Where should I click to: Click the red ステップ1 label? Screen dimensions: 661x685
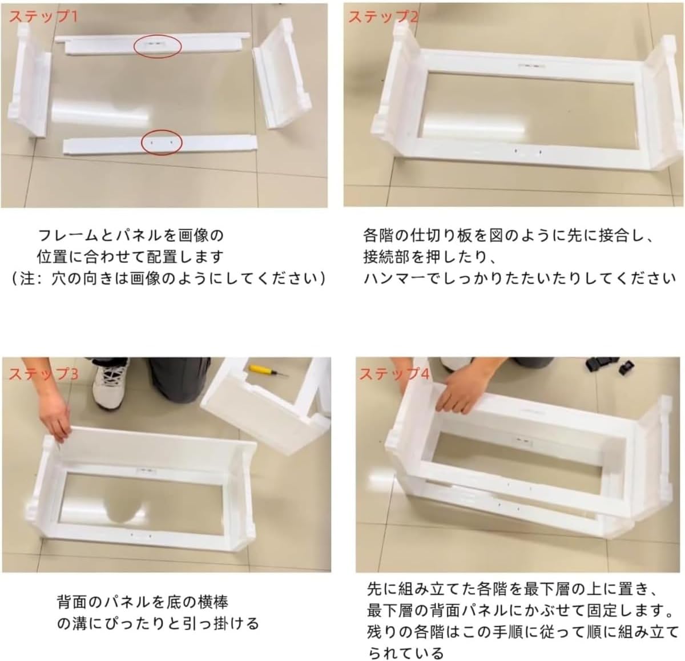43,17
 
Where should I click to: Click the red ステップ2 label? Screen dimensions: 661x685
383,17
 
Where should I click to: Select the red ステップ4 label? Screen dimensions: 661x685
394,374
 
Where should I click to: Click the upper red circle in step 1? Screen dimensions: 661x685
158,46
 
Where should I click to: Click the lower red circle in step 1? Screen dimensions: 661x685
162,142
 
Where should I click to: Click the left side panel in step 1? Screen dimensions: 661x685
30,80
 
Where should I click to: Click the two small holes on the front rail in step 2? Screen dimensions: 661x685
527,152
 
